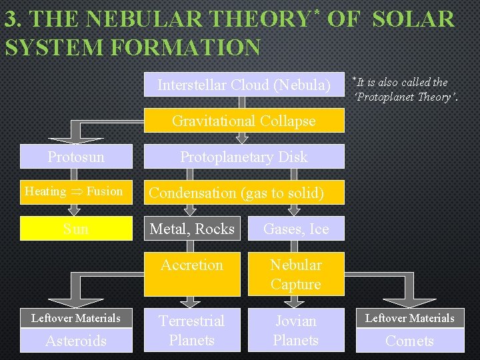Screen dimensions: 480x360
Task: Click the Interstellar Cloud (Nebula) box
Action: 244,85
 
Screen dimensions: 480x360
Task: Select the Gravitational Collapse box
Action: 244,121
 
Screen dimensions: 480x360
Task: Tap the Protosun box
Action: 76,157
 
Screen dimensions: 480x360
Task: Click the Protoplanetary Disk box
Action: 244,157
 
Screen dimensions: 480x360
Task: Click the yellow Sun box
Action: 76,229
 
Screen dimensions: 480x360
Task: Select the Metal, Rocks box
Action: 192,229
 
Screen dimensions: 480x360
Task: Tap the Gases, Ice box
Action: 296,229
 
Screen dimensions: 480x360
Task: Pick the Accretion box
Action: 192,273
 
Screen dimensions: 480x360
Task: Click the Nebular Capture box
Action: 296,274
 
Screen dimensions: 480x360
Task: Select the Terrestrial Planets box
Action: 192,330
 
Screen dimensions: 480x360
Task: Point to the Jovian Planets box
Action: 296,330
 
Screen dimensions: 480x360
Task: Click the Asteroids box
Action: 76,341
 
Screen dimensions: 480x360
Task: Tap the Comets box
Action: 409,341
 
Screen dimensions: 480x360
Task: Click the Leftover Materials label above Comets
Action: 409,318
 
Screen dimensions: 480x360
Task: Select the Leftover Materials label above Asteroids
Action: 76,318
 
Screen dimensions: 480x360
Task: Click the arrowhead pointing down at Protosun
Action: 76,139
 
